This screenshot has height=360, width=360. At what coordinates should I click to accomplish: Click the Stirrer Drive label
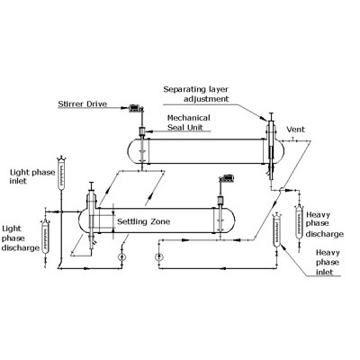[83, 104]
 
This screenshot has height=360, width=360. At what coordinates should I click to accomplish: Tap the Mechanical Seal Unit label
[188, 122]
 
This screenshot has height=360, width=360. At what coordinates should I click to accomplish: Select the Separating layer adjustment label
[196, 94]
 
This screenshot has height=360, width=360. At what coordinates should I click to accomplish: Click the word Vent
[295, 130]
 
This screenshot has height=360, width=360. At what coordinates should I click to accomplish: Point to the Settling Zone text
[143, 221]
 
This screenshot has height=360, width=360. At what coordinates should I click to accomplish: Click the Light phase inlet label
[32, 176]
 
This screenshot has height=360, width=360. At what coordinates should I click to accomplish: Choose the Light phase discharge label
[21, 238]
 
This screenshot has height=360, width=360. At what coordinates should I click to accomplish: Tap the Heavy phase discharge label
[324, 224]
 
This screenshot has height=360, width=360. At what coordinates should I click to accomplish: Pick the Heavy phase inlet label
[328, 263]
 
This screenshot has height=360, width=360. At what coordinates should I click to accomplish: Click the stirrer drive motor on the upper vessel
[136, 108]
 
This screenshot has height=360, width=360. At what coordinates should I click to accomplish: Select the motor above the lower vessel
[227, 179]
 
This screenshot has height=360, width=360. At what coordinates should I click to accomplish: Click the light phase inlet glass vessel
[62, 174]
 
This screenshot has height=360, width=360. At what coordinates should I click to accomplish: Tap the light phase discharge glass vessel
[45, 237]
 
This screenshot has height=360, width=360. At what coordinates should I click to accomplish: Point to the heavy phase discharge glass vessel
[299, 222]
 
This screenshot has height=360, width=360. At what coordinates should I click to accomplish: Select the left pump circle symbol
[121, 256]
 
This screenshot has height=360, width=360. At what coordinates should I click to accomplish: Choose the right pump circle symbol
[158, 256]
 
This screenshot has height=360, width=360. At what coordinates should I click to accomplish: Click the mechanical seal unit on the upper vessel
[142, 131]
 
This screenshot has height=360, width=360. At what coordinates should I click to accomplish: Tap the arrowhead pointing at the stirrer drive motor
[126, 108]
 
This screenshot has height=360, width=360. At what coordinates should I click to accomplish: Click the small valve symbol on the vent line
[293, 139]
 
